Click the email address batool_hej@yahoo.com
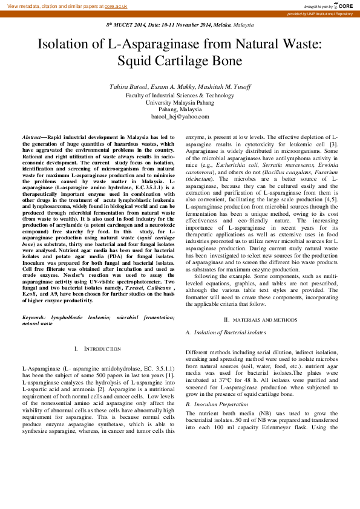[180, 117]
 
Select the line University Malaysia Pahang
[180, 102]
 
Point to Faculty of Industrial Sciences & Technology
[180, 95]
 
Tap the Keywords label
[34, 317]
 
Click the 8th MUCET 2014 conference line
[180, 25]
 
